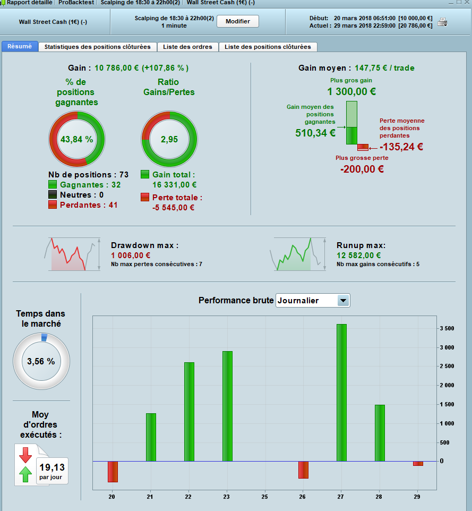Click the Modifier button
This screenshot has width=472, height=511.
coord(238,21)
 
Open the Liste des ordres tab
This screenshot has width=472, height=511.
coord(187,47)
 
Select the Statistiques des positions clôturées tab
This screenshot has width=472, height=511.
coord(97,47)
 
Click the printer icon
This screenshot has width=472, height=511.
coord(442,22)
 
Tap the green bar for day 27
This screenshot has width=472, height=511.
coord(341,393)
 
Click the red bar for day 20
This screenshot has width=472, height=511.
coord(113,472)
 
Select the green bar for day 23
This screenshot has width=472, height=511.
coord(227,406)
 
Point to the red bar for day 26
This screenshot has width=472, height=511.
coord(303,470)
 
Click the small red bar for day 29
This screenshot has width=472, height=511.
coord(418,463)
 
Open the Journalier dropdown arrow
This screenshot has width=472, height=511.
coord(343,301)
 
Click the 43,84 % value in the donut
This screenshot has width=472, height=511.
coord(77,140)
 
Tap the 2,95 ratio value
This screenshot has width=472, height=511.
coord(169,140)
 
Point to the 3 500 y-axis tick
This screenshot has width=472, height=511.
coord(447,328)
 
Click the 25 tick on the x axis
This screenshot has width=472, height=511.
coord(264,497)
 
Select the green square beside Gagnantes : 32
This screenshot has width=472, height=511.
coord(53,185)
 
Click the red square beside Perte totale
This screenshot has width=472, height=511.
coord(145,197)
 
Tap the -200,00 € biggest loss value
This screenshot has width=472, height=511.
coord(362,169)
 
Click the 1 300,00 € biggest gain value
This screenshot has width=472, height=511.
coord(351,91)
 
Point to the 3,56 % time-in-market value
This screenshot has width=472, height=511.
coord(41,361)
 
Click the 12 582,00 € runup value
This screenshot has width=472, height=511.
coord(358,255)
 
